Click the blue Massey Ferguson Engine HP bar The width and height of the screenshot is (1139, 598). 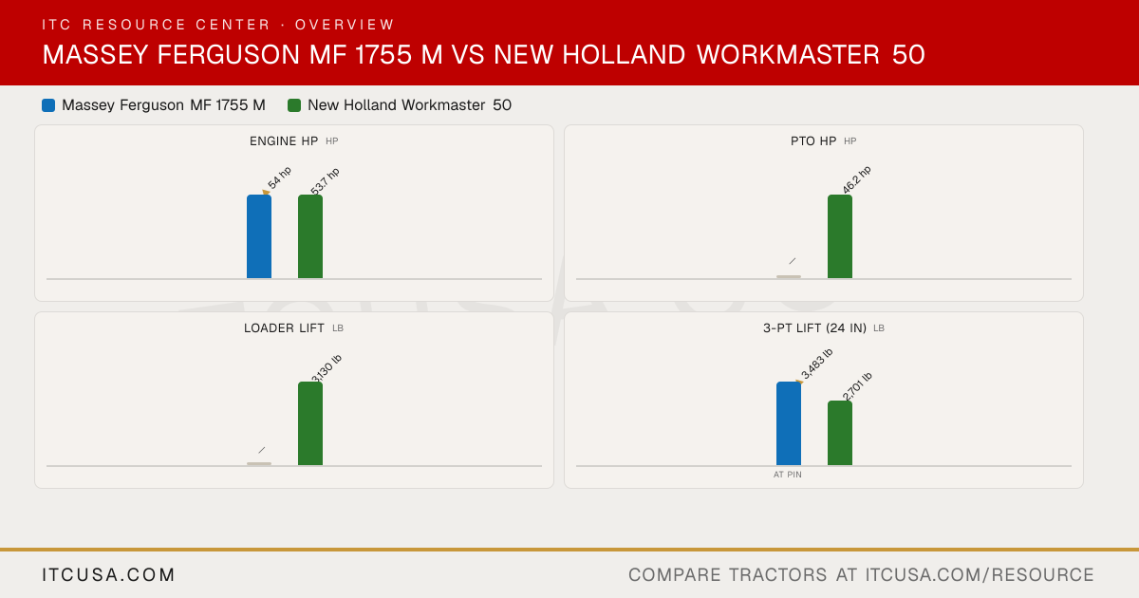(259, 236)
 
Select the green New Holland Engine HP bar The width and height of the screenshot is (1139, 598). (310, 236)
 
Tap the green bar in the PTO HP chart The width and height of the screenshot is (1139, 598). (840, 236)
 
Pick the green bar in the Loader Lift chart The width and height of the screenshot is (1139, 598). (310, 423)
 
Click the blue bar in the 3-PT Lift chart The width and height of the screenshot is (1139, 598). (789, 423)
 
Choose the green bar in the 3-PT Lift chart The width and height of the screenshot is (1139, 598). (840, 433)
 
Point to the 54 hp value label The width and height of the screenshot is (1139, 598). (280, 178)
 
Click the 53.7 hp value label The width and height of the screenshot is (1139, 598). (325, 181)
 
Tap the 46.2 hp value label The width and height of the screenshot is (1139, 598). (857, 179)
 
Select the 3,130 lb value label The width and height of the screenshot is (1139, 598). (327, 368)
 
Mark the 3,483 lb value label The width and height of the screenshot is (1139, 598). (816, 364)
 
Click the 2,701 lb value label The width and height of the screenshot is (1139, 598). (857, 386)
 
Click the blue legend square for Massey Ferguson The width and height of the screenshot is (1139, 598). (48, 105)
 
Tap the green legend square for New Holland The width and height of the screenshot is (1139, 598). (294, 105)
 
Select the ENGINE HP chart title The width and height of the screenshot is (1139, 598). (284, 141)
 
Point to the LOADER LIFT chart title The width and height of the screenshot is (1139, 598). (284, 328)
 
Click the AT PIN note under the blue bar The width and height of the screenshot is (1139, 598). (788, 475)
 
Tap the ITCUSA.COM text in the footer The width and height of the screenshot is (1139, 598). (108, 575)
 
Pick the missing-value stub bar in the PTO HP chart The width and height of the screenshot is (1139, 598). (789, 276)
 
